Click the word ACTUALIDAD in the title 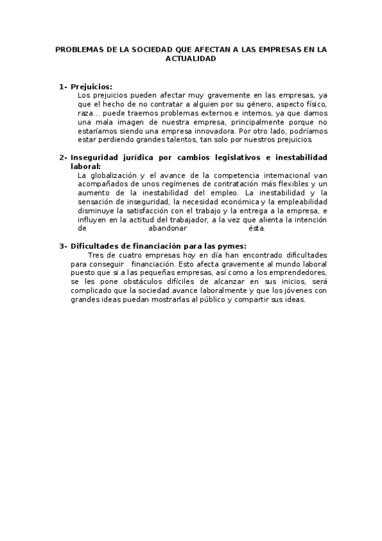(191, 57)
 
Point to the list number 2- (63, 157)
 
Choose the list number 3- (63, 246)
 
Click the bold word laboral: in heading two (85, 166)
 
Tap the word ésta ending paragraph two (256, 228)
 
